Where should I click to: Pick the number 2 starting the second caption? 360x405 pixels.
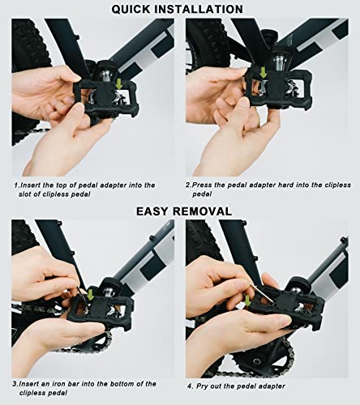[x=186, y=185]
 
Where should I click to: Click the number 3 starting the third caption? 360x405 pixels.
[x=14, y=383]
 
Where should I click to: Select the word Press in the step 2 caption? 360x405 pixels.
[x=204, y=185]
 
